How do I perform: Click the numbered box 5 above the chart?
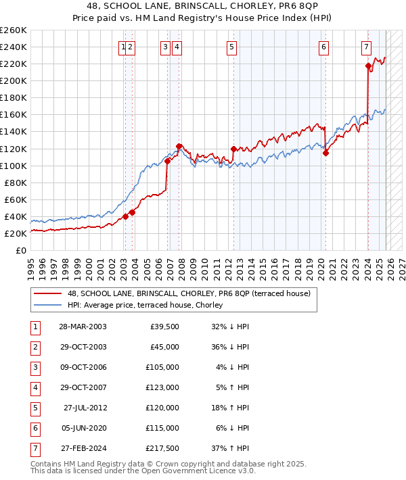[x=231, y=47]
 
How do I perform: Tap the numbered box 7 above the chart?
[x=365, y=47]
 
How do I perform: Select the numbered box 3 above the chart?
[x=165, y=47]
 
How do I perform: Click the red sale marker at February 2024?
[x=368, y=66]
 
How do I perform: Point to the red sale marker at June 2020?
[x=325, y=153]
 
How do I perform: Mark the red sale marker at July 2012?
[x=233, y=149]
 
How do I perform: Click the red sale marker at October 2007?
[x=179, y=146]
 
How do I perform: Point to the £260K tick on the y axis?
[x=13, y=30]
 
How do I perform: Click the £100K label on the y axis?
[x=13, y=166]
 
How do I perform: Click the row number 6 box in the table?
[x=34, y=427]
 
